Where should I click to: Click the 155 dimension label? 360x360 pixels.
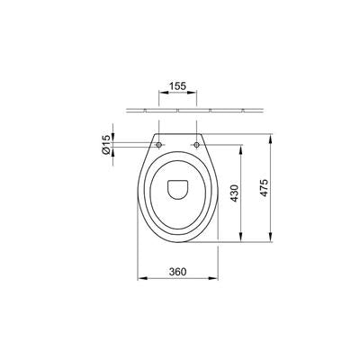pos(177,86)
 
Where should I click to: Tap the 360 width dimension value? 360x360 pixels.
pos(177,272)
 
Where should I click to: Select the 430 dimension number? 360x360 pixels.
pos(234,193)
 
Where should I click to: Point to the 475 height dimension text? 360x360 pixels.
pos(264,188)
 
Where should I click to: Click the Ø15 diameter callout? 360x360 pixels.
pos(106,144)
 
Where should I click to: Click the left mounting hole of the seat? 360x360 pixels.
pos(158,145)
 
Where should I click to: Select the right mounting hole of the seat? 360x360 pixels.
pos(196,145)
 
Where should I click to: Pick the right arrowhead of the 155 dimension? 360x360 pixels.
pos(193,93)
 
